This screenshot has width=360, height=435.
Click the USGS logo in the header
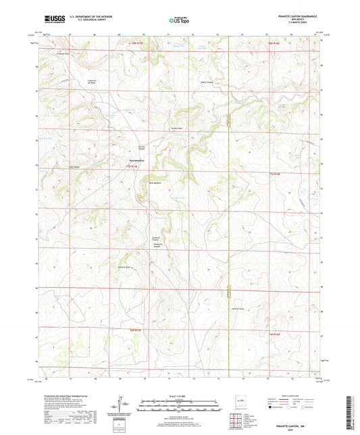pos(51,20)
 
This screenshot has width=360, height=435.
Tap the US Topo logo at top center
pos(177,20)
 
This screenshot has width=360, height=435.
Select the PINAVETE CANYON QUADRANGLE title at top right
pos(294,16)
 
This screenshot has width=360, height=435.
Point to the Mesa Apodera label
pos(154,182)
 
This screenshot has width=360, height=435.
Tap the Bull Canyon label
pos(74,167)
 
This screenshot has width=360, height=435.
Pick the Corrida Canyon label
pos(143,148)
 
